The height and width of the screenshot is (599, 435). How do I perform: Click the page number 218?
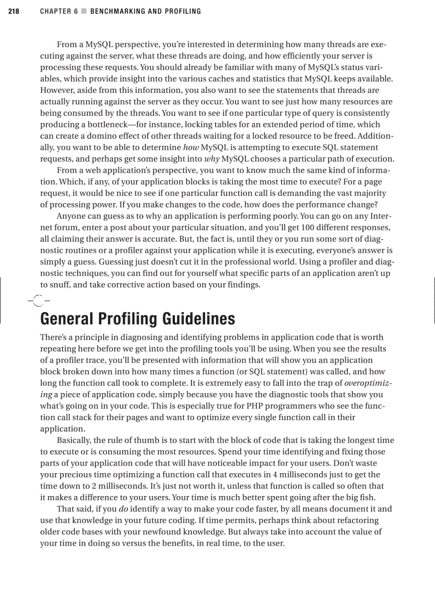tap(14, 11)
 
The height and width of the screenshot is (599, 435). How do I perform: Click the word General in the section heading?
tap(66, 319)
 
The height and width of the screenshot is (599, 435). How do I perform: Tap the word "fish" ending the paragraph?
tap(381, 497)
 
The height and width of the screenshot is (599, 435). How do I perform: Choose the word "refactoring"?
tap(356, 520)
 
